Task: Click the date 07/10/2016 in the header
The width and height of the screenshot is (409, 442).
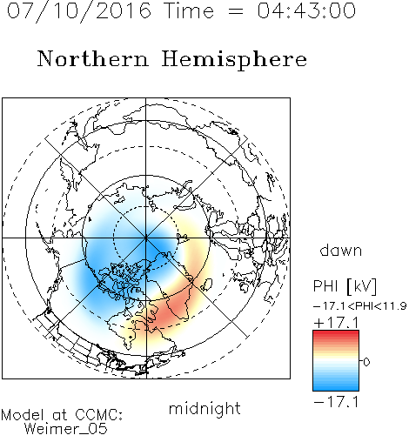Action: [x=79, y=10]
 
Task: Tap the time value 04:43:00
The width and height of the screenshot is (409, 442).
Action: [x=306, y=10]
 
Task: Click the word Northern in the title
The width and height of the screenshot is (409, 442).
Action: [x=93, y=58]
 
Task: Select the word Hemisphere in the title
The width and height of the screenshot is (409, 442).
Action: [x=234, y=60]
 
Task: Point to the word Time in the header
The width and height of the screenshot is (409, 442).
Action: [x=189, y=10]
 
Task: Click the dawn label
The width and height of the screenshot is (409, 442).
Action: [x=341, y=250]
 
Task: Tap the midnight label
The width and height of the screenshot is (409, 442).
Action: [x=204, y=408]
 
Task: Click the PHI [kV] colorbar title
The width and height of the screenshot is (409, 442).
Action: [x=345, y=286]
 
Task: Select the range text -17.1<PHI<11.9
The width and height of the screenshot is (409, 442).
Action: [x=359, y=306]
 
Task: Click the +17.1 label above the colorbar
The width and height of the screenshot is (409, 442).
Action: [x=336, y=323]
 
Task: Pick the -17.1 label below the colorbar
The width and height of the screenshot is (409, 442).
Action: [x=336, y=402]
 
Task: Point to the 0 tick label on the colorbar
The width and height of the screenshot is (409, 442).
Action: [x=366, y=362]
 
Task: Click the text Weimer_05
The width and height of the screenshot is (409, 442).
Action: [x=66, y=429]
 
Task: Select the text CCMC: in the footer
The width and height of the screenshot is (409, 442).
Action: [x=99, y=415]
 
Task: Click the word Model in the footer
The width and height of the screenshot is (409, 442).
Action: [x=23, y=415]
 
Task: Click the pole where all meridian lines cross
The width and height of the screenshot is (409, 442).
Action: [x=146, y=238]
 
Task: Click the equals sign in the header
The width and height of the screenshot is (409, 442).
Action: [x=236, y=11]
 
